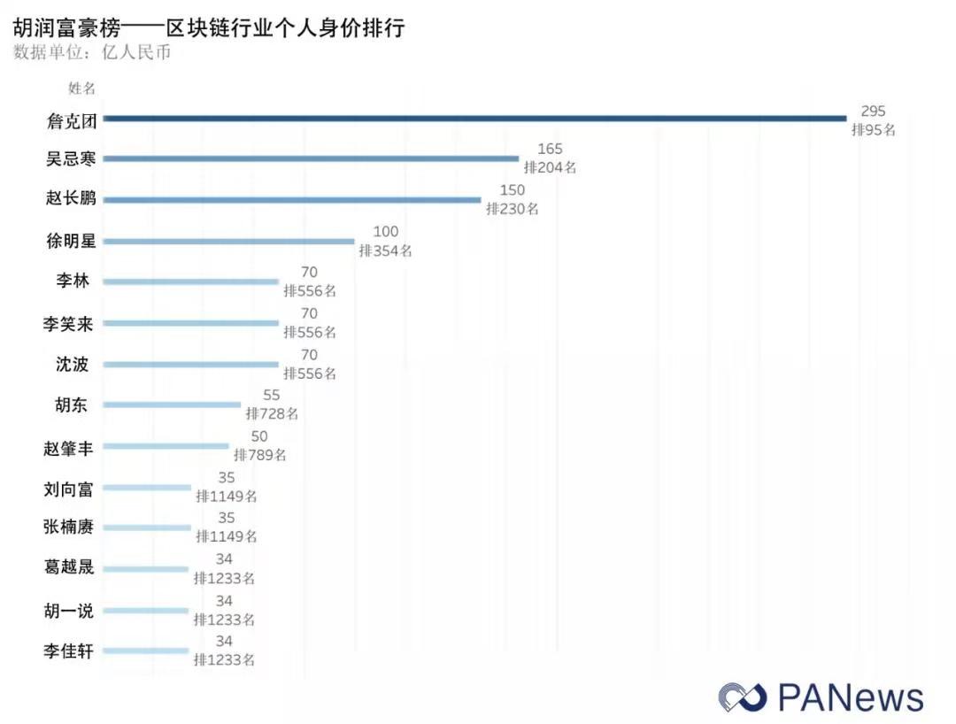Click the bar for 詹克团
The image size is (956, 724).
tap(474, 118)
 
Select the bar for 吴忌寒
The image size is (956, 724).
tap(311, 158)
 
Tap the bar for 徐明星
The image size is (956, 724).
tap(228, 241)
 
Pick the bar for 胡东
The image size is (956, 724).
tap(172, 404)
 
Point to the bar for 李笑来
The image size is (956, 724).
tap(190, 323)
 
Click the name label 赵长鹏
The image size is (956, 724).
tap(71, 199)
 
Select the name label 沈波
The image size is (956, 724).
tap(72, 364)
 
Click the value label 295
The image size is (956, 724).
tap(873, 112)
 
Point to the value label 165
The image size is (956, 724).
tap(550, 150)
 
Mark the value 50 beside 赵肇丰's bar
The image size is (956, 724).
tap(258, 436)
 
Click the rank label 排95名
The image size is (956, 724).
tap(874, 129)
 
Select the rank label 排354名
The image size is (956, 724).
tap(385, 250)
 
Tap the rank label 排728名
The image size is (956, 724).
tap(272, 413)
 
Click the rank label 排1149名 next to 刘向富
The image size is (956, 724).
tap(226, 496)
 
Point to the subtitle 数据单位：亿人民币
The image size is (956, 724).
tap(92, 52)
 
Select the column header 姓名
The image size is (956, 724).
tap(81, 88)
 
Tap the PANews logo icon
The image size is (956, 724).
tap(743, 696)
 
